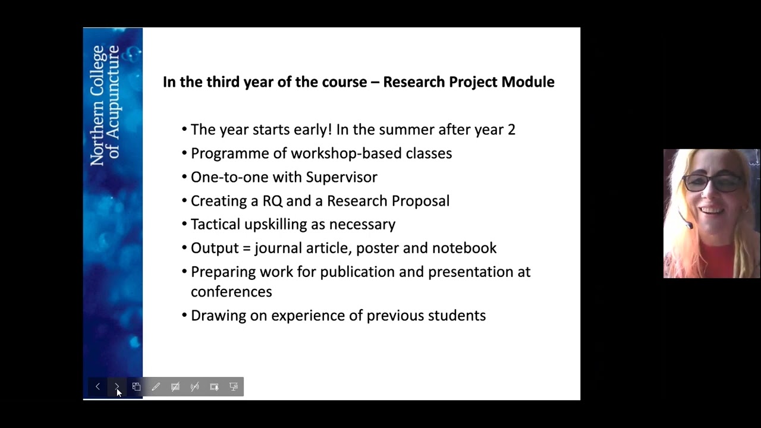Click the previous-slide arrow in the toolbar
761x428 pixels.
pos(98,387)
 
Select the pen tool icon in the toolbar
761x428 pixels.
pos(156,387)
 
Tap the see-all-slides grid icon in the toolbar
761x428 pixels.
pos(136,387)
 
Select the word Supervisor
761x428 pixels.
pos(342,177)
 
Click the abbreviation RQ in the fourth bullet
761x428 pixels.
pos(272,201)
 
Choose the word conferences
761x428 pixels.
pos(231,292)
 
